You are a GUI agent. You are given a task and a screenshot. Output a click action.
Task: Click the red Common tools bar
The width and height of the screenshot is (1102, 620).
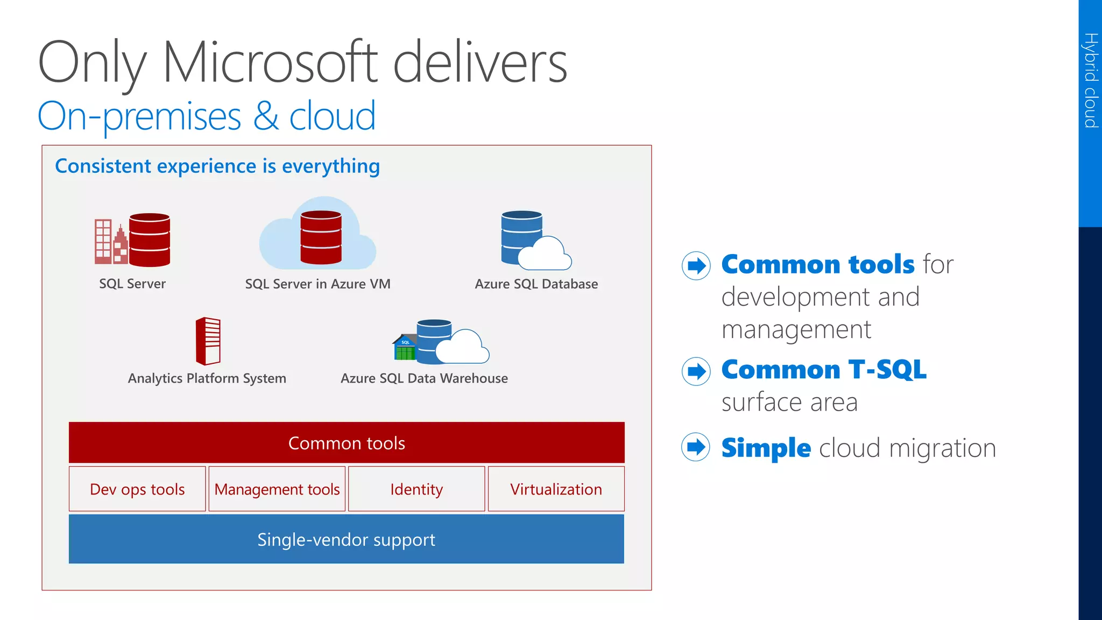click(x=347, y=442)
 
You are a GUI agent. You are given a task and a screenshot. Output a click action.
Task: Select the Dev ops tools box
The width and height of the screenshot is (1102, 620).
click(x=137, y=489)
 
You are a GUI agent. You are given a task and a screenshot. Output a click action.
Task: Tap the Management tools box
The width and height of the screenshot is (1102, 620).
click(x=277, y=489)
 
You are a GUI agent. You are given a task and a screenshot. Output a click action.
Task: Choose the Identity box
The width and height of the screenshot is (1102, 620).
click(x=416, y=489)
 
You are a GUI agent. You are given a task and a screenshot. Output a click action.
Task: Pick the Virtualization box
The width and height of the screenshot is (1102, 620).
click(x=556, y=489)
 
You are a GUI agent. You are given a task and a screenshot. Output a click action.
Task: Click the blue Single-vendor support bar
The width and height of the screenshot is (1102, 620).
click(x=347, y=539)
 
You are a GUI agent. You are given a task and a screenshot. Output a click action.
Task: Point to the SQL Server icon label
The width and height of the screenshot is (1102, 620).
click(x=132, y=284)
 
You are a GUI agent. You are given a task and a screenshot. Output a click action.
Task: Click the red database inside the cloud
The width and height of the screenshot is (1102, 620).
click(x=321, y=237)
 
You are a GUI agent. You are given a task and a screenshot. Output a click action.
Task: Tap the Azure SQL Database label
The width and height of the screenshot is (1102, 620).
click(x=536, y=284)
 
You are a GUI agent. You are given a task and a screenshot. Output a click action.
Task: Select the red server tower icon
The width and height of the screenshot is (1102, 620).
click(x=208, y=341)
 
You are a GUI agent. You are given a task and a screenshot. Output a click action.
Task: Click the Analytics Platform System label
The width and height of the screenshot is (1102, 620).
click(x=207, y=378)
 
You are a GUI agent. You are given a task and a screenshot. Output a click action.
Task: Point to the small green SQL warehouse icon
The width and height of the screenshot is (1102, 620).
click(x=405, y=348)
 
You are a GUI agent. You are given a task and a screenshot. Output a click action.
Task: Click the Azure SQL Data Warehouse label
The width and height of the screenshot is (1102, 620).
click(x=424, y=378)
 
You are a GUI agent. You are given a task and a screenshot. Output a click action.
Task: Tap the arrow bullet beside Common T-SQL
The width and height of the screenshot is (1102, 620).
click(x=696, y=371)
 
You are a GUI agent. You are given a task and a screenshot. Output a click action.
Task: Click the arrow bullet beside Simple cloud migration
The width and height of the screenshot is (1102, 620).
click(x=696, y=447)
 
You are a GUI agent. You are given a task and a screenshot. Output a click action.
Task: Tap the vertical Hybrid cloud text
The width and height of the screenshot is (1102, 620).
click(x=1091, y=80)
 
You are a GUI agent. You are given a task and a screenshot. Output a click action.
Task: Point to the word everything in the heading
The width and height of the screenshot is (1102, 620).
click(x=331, y=166)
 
